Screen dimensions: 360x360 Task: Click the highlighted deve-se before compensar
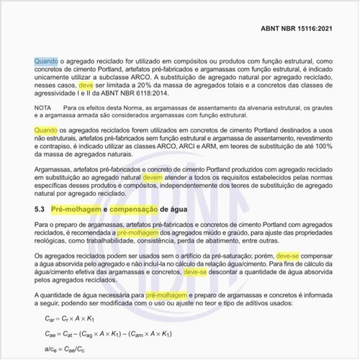pyautogui.click(x=278, y=257)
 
